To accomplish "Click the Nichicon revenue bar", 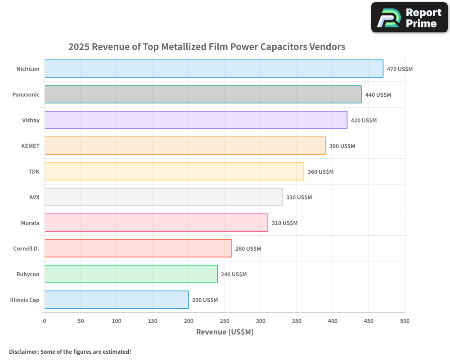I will point(214,69).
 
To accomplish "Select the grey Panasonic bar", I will point(203,94).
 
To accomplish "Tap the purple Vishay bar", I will point(196,120).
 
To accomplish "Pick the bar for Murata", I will point(156,223).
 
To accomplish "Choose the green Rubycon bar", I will point(131,274).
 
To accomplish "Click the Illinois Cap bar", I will point(117,300).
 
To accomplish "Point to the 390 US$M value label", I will point(342,146).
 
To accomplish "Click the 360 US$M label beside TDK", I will point(320,171).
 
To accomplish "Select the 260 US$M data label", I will point(248,248).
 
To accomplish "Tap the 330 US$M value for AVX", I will point(299,197).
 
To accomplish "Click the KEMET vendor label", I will point(31,146).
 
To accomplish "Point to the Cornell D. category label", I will point(26,248).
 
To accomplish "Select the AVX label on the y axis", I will point(34,197).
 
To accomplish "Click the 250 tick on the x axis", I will point(225,321).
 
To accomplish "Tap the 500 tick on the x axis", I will point(405,321).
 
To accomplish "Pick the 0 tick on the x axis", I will point(45,321).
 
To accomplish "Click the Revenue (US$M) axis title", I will point(225,332).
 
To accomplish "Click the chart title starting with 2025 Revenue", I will point(207,46).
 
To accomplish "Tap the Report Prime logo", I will point(409,18).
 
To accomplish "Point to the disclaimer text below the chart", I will point(70,351).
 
